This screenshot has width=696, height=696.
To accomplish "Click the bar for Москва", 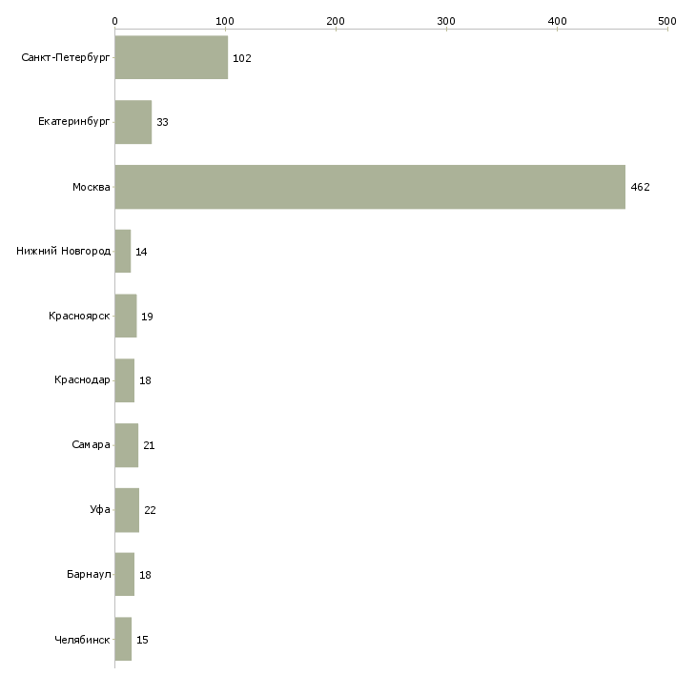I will click(370, 187).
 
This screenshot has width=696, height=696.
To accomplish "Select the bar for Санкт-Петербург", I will click(172, 58).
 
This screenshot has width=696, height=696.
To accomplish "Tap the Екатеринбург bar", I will click(133, 122).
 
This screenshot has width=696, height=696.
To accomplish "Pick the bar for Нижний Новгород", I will click(123, 252).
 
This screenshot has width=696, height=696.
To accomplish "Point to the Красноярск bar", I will click(126, 316).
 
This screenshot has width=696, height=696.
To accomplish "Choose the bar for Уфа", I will click(127, 510).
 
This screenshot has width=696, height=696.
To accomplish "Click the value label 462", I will click(640, 187).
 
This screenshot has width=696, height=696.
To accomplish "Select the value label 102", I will click(241, 58).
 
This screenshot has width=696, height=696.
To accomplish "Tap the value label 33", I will click(163, 123).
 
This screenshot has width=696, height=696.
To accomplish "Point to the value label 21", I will click(149, 445).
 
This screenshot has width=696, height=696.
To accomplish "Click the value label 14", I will click(141, 252).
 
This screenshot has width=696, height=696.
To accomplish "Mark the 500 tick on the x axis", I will click(667, 20).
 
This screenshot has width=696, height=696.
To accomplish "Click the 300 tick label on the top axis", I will click(446, 20).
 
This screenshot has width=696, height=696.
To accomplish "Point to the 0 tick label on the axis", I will click(114, 20).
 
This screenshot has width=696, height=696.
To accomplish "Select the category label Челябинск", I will click(82, 640).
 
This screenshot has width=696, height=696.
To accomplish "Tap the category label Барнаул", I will click(89, 575).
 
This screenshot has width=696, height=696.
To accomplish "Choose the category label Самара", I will click(91, 445).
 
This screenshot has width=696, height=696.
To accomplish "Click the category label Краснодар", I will click(82, 380).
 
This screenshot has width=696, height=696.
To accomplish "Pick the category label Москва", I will click(92, 187).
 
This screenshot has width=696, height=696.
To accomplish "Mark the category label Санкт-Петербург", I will click(66, 58).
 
